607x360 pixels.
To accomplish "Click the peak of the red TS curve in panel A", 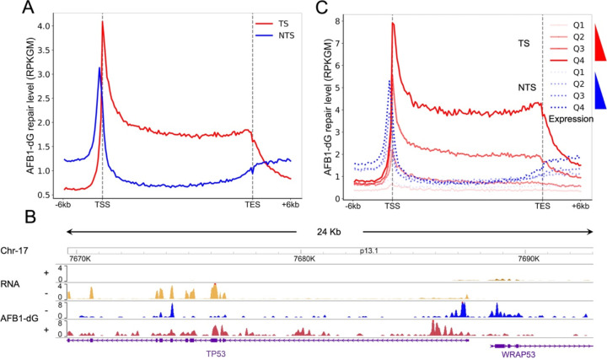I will tap(103, 23).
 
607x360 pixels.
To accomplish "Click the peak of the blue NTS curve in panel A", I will tap(99, 68).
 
